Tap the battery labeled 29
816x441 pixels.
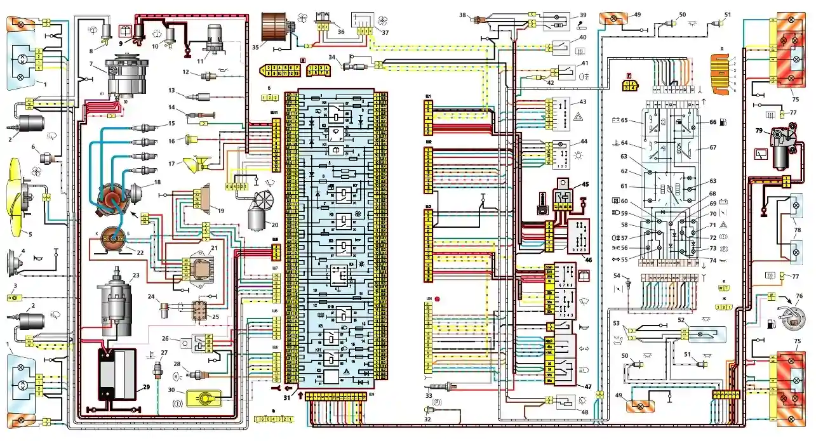point(116,374)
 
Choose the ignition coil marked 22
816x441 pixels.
point(109,240)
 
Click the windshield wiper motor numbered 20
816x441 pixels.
point(262,213)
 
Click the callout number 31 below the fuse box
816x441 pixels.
point(287,397)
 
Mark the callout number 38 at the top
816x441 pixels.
point(463,15)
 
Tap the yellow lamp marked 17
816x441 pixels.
point(193,166)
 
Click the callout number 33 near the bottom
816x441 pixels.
point(428,395)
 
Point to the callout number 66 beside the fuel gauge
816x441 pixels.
point(712,122)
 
